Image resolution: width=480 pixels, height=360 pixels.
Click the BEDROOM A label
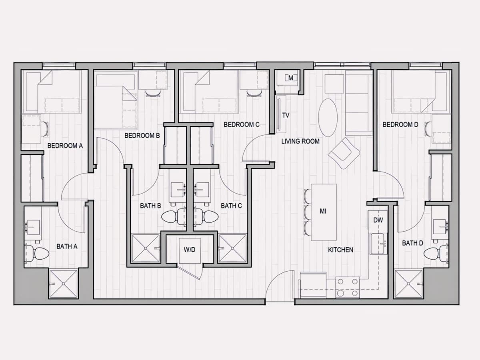[x=65, y=146]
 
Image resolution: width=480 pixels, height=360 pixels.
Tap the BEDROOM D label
[x=400, y=124]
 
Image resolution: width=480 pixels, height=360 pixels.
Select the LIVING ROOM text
[x=300, y=141]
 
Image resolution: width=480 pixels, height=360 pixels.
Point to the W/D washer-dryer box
[x=190, y=250]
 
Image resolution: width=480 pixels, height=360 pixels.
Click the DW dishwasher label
[x=378, y=220]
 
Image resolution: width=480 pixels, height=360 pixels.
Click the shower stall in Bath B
[x=146, y=248]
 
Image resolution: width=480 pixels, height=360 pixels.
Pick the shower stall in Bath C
[x=233, y=248]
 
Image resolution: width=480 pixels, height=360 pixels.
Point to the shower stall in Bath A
[x=64, y=284]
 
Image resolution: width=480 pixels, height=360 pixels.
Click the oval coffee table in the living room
[x=328, y=118]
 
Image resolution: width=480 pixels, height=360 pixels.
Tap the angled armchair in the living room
[x=344, y=153]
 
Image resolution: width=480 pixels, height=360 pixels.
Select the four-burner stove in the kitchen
[x=348, y=287]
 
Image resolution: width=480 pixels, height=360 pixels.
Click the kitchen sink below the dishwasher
[x=378, y=244]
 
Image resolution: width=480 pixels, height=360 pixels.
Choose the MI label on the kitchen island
[x=323, y=211]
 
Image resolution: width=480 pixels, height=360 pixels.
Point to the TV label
[x=286, y=115]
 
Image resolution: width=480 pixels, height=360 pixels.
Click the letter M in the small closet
[x=291, y=78]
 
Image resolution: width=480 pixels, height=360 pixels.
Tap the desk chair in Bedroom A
[x=46, y=129]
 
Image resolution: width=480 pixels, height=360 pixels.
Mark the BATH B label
[x=150, y=206]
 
